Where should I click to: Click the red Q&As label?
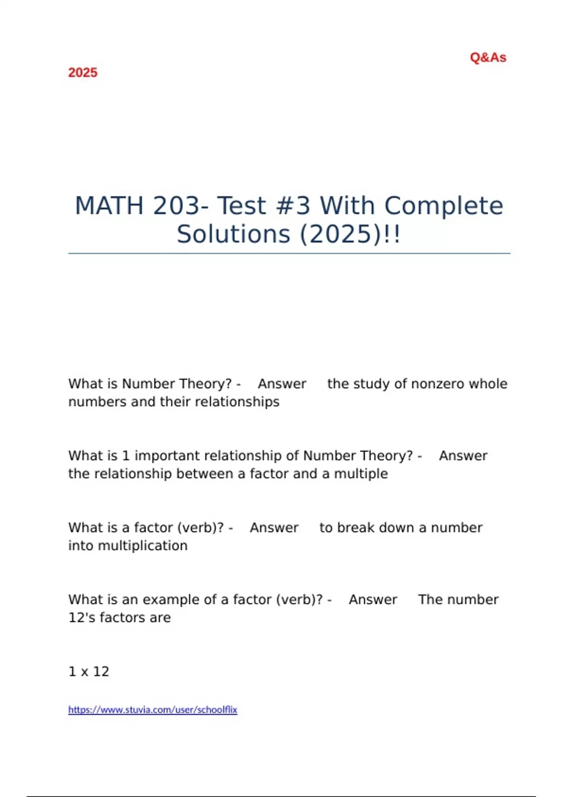488,58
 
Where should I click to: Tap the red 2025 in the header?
83,73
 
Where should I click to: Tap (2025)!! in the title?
350,234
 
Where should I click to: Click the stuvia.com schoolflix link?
152,710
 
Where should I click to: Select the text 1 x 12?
89,671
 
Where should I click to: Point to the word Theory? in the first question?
206,384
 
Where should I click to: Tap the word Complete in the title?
443,206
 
